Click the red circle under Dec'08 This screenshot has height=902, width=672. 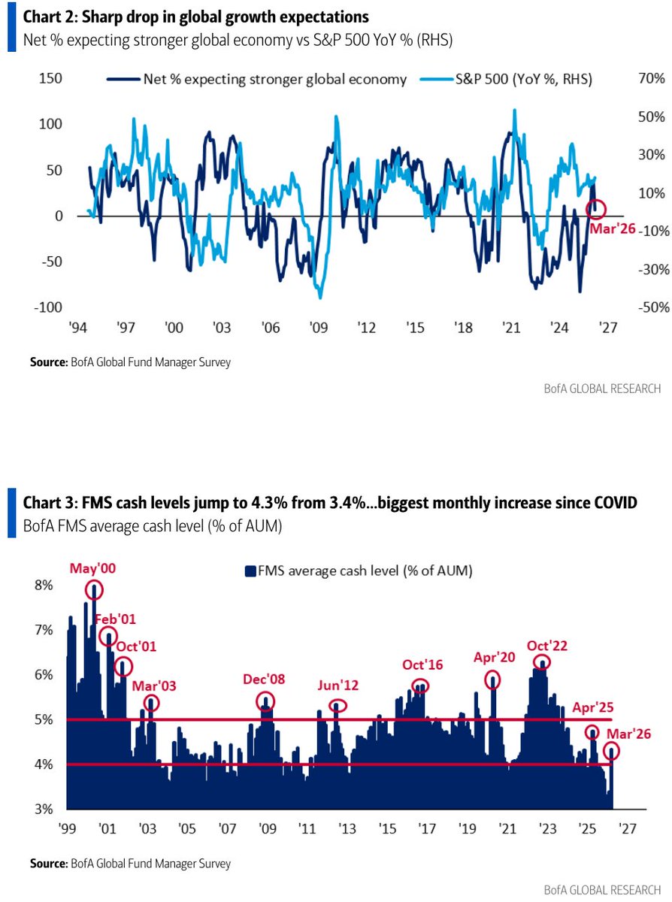click(x=265, y=701)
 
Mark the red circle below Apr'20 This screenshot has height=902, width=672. click(x=492, y=680)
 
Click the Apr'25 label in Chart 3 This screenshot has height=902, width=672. click(x=592, y=707)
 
